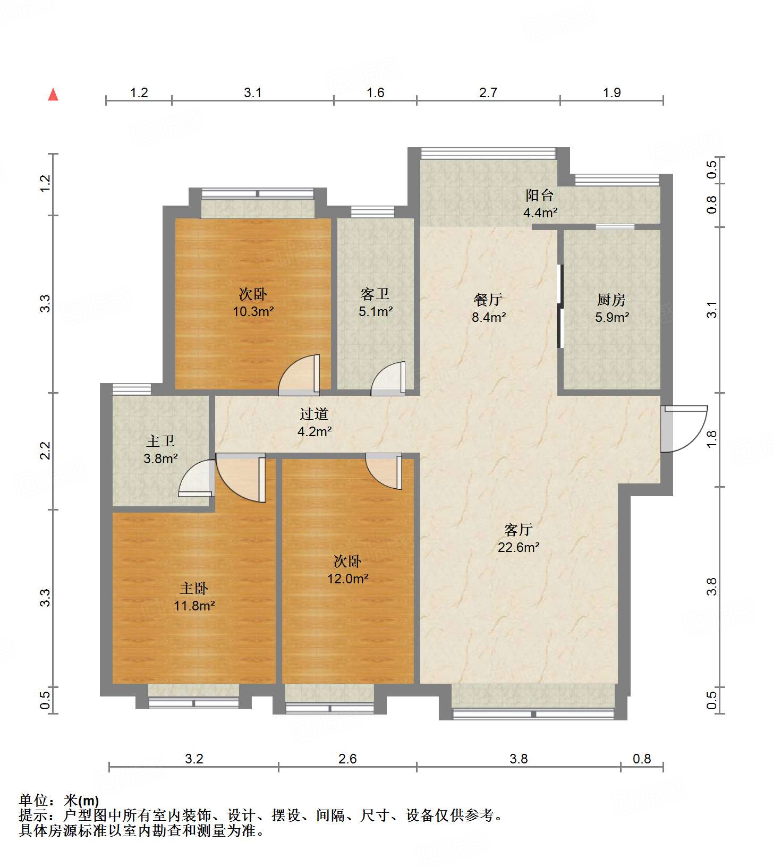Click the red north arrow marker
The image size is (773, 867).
pyautogui.click(x=53, y=95)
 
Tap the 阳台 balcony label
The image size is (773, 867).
pyautogui.click(x=539, y=195)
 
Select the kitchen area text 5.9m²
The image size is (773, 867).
pyautogui.click(x=611, y=318)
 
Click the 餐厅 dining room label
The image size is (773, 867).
pyautogui.click(x=488, y=300)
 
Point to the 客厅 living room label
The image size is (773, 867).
pyautogui.click(x=518, y=530)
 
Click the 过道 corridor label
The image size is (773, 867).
pyautogui.click(x=313, y=414)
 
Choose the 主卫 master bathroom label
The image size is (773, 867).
pyautogui.click(x=160, y=441)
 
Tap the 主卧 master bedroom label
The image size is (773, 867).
pyautogui.click(x=193, y=589)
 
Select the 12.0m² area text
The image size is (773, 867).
pyautogui.click(x=347, y=579)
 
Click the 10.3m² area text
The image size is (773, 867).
pyautogui.click(x=253, y=311)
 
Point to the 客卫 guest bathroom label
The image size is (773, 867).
pyautogui.click(x=375, y=294)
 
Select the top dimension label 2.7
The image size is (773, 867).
pyautogui.click(x=488, y=93)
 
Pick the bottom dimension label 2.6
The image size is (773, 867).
pyautogui.click(x=347, y=759)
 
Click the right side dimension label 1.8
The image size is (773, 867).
pyautogui.click(x=712, y=438)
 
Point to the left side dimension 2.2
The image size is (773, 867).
pyautogui.click(x=46, y=450)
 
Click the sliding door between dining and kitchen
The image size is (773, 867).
pyautogui.click(x=559, y=306)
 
